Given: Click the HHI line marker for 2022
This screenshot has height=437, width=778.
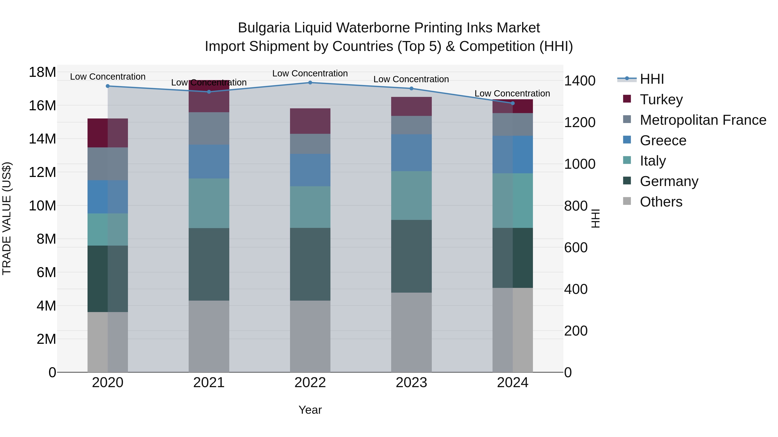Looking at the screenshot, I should click(x=310, y=82).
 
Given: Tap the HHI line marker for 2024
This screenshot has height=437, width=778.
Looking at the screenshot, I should click(x=513, y=103).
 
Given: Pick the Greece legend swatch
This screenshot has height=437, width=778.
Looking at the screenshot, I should click(x=627, y=140).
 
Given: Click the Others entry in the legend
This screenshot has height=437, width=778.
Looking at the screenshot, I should click(x=661, y=202).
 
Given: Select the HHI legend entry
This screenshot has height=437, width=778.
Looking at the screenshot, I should click(x=652, y=79).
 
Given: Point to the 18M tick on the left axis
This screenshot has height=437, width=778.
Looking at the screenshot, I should click(x=42, y=72).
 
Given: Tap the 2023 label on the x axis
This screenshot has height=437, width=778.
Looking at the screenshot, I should click(x=411, y=383).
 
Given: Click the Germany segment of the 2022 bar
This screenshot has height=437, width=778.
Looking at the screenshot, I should click(x=310, y=264).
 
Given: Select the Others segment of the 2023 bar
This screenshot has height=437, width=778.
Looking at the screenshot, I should click(x=411, y=332).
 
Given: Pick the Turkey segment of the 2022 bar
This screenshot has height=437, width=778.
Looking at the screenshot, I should click(x=310, y=121).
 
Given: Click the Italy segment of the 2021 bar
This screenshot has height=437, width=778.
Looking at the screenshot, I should click(x=209, y=203).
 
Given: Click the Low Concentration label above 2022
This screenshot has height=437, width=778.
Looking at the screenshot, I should click(x=310, y=73).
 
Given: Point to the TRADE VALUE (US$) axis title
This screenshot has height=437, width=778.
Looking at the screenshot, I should click(x=7, y=218).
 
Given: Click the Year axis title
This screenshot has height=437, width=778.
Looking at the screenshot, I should click(x=310, y=410).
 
